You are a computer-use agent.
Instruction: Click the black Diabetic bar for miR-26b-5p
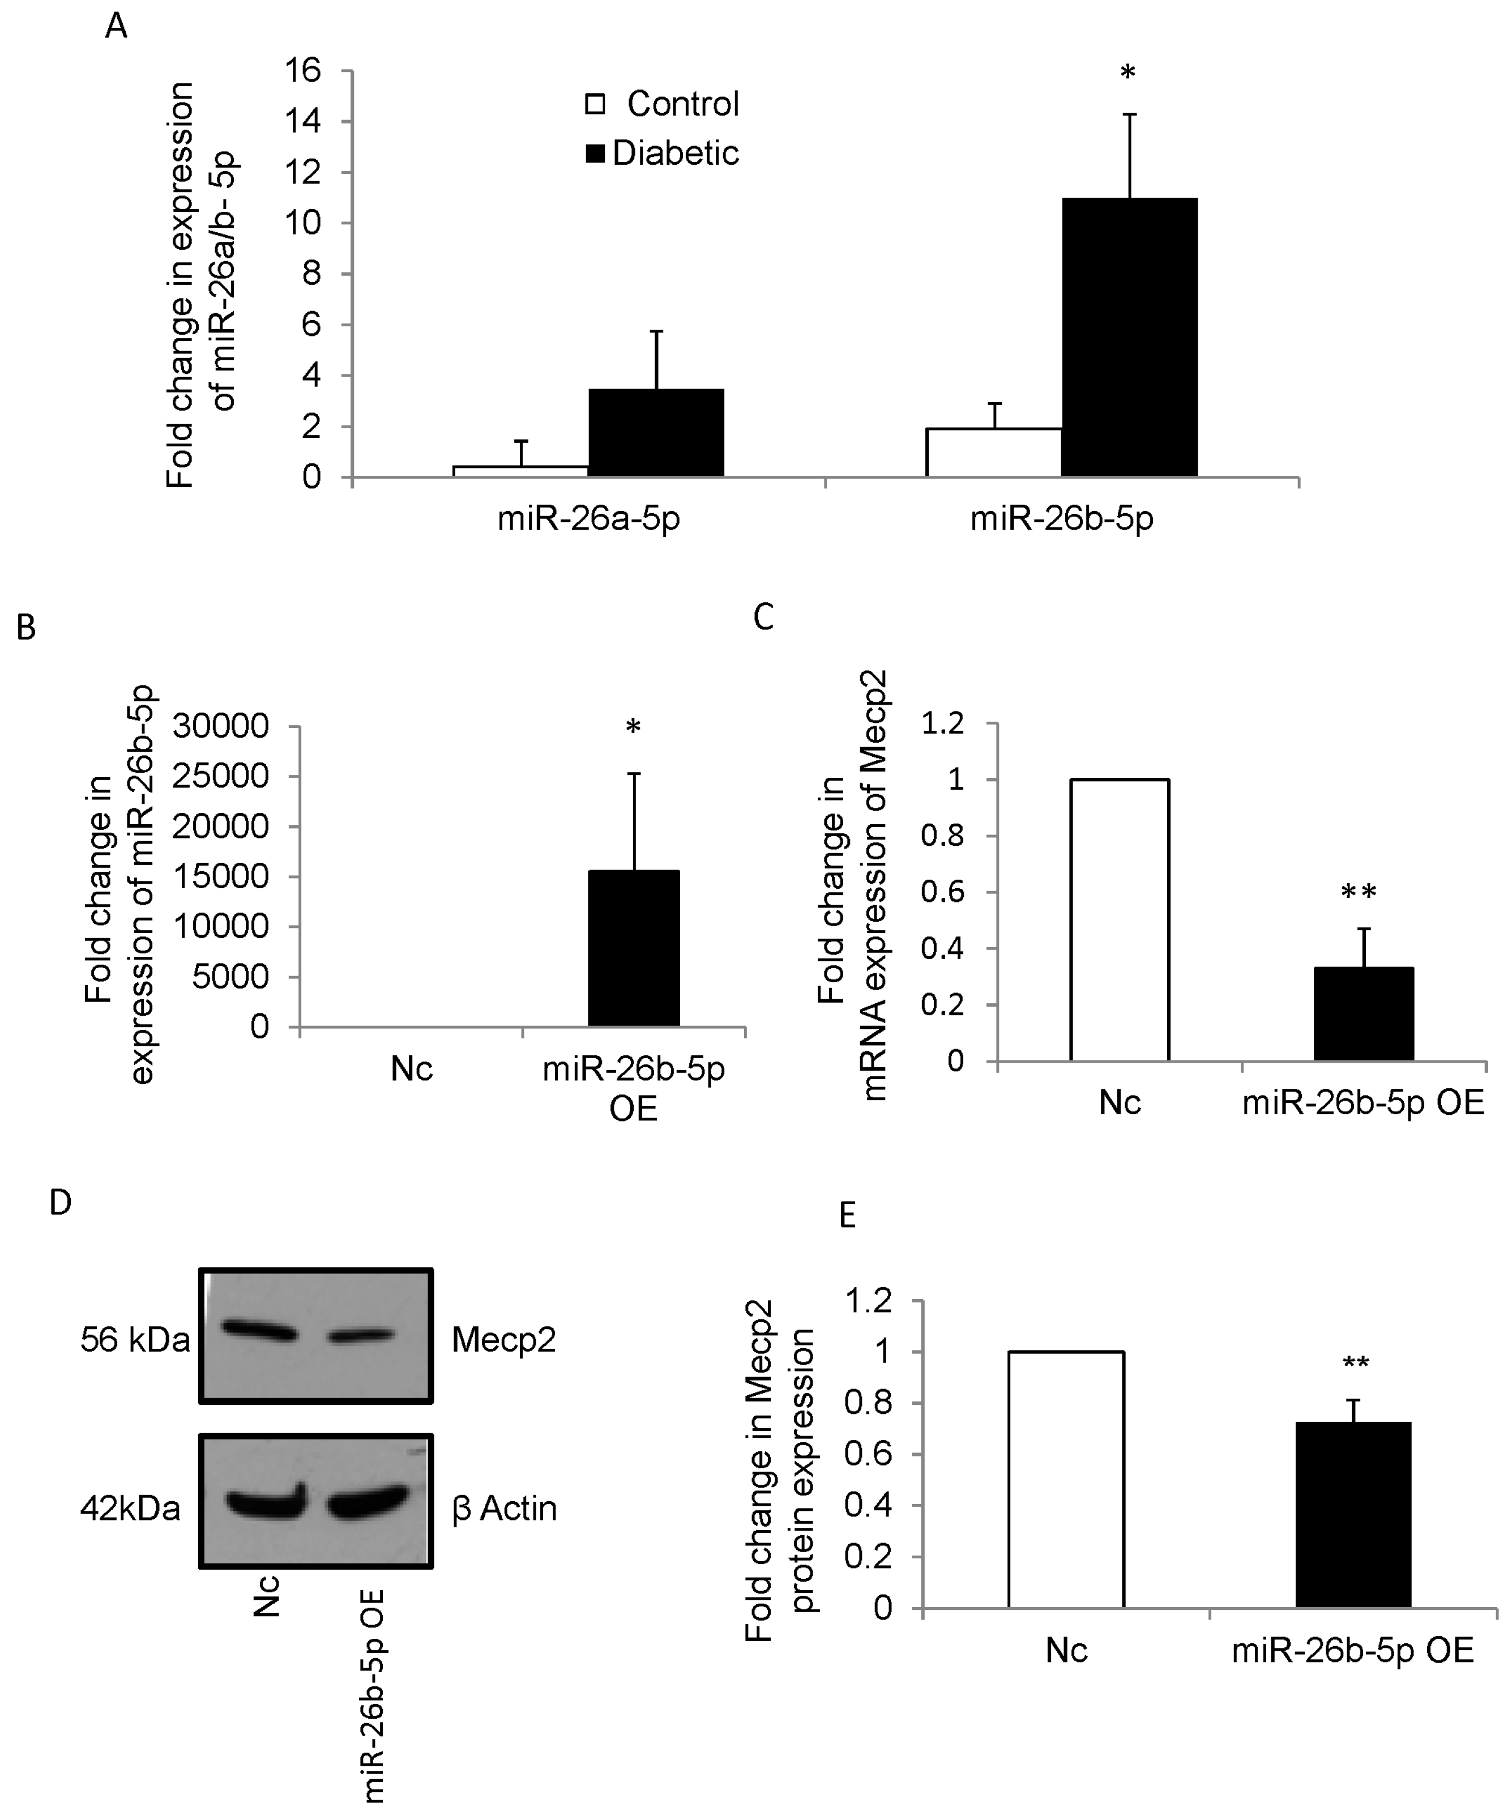pyautogui.click(x=1129, y=337)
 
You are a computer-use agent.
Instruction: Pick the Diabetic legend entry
pyautogui.click(x=663, y=153)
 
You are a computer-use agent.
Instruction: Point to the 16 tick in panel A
pyautogui.click(x=302, y=70)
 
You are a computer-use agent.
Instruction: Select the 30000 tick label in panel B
pyautogui.click(x=220, y=726)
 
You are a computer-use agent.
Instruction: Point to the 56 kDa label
pyautogui.click(x=135, y=1340)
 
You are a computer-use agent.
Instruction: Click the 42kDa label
pyautogui.click(x=130, y=1508)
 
